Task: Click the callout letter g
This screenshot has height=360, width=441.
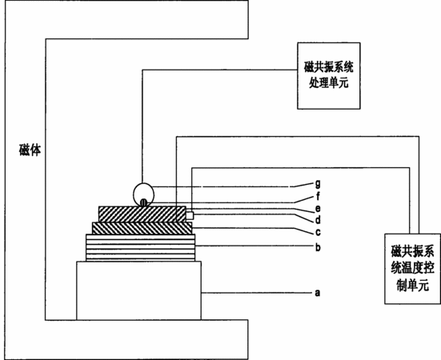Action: [318, 184]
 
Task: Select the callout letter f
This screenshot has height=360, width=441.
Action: [318, 196]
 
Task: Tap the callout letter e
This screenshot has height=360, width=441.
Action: [318, 209]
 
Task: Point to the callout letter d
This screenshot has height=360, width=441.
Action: [318, 220]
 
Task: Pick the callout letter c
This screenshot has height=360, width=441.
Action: [318, 233]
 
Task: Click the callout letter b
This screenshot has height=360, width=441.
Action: [318, 247]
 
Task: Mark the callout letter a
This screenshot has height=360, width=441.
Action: [318, 293]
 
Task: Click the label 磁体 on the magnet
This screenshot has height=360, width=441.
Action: [30, 150]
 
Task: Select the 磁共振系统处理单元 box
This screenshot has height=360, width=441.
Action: [329, 76]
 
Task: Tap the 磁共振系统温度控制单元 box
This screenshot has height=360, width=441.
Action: [413, 269]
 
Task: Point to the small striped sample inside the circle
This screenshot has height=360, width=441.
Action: [144, 202]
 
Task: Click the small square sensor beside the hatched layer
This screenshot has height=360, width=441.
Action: [190, 216]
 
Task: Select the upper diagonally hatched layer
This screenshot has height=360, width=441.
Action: [142, 214]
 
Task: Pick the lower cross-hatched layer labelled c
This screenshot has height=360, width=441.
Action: [142, 228]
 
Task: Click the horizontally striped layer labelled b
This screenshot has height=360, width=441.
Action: [140, 248]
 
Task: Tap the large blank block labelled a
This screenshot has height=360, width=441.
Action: [139, 290]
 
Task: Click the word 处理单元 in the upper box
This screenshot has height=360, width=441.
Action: [329, 83]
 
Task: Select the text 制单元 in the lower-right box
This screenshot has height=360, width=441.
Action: [413, 286]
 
